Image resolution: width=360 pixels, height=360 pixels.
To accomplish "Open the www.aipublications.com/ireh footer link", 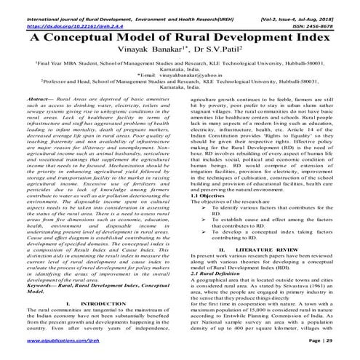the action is (50, 340).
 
